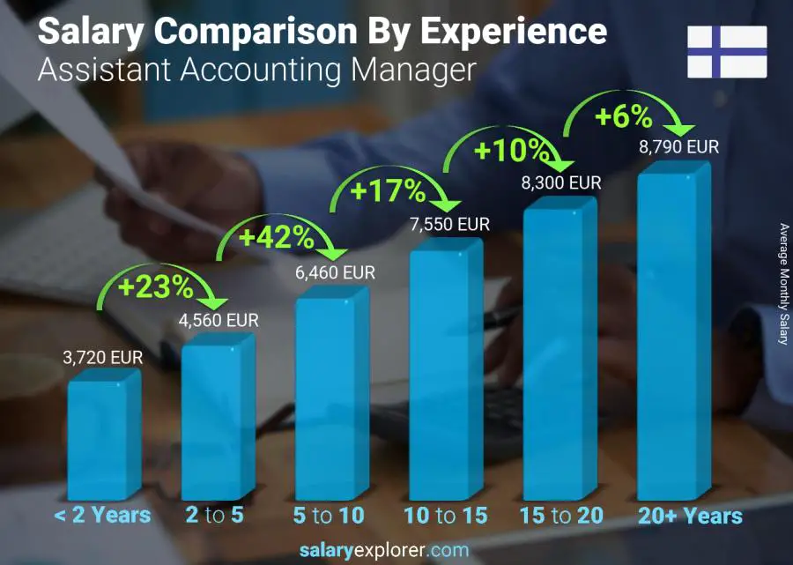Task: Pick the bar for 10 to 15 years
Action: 445,372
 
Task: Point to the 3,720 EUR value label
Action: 102,359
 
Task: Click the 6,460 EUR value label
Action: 334,273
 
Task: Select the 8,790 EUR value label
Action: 678,147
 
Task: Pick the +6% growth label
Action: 623,116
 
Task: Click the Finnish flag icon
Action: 727,52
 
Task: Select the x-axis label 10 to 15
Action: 445,516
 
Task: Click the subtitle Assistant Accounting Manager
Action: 256,69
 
